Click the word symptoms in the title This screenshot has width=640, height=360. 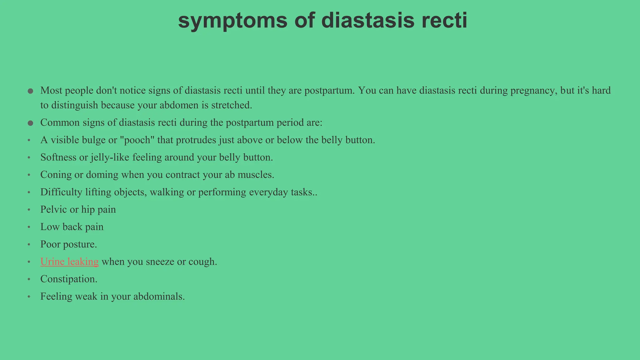232,21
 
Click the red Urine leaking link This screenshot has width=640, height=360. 69,262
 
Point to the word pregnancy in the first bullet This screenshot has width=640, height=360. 534,91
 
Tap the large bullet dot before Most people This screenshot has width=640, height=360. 30,91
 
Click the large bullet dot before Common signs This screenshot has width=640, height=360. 30,123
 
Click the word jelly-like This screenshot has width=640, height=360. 110,157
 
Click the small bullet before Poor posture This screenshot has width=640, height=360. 29,244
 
